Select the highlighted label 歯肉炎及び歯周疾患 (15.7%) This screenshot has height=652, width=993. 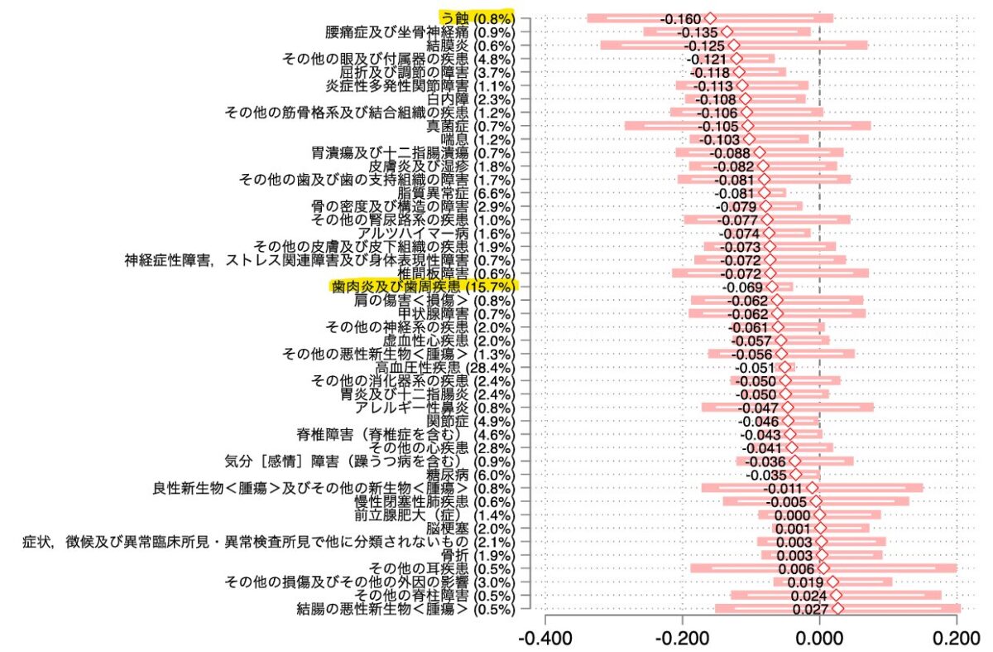click(x=425, y=287)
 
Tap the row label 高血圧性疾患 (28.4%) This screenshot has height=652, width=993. click(x=445, y=368)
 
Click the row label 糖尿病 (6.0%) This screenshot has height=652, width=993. click(x=470, y=475)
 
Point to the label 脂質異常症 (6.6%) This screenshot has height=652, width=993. click(x=456, y=193)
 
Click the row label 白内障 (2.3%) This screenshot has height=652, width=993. click(x=470, y=99)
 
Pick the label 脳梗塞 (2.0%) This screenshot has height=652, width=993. click(x=470, y=529)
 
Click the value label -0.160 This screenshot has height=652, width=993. click(x=680, y=19)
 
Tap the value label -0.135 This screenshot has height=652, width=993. click(x=698, y=32)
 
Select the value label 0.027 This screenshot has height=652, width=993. click(x=810, y=610)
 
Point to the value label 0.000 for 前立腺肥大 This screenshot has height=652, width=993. click(x=793, y=515)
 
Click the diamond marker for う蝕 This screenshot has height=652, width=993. click(x=710, y=18)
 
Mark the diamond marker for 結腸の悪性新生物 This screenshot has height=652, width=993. click(x=837, y=608)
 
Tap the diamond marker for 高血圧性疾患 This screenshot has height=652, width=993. click(x=785, y=367)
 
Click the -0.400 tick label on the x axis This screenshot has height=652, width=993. click(x=544, y=639)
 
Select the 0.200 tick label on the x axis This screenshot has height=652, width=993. click(x=957, y=639)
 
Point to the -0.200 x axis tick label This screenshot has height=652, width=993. click(x=682, y=639)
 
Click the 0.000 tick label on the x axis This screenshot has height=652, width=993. click(x=819, y=639)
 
